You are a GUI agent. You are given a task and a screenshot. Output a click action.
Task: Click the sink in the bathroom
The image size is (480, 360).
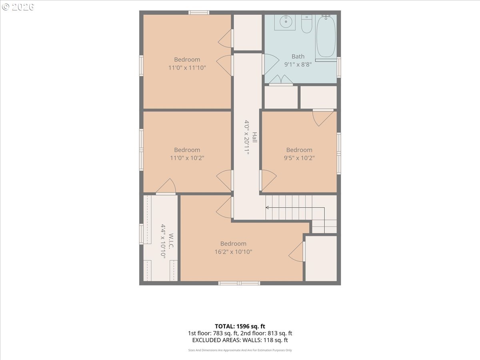(285, 22)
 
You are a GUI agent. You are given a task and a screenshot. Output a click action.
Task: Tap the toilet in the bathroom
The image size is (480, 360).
(306, 24)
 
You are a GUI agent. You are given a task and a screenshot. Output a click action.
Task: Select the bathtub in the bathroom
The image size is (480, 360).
(326, 36)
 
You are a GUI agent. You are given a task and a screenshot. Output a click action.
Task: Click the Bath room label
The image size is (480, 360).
(298, 56)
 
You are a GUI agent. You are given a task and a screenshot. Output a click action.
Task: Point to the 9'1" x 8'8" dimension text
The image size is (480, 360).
(298, 64)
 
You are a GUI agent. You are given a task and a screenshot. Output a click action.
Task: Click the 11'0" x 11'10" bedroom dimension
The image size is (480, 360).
(187, 68)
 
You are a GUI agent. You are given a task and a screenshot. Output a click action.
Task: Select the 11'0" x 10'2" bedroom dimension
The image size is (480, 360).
(187, 158)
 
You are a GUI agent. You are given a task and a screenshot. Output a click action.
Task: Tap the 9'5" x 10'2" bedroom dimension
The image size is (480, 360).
(299, 158)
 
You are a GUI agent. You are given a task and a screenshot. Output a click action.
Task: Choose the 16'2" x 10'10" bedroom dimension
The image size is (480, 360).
(233, 252)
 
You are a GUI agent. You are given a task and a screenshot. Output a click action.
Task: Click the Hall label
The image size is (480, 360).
(255, 137)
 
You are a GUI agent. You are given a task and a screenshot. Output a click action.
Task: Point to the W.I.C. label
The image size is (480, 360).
(171, 241)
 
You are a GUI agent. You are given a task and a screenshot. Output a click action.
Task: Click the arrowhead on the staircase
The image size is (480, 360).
(267, 208)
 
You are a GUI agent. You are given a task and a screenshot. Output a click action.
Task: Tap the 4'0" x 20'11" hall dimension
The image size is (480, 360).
(247, 137)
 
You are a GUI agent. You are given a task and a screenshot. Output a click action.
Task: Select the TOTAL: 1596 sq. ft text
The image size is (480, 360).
(240, 326)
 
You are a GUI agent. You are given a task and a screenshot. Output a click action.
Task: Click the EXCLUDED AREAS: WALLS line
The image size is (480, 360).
(240, 340)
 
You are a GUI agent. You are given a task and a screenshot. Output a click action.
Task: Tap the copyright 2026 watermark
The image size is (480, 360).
(18, 7)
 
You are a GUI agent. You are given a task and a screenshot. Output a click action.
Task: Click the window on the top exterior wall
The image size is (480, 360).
(199, 12)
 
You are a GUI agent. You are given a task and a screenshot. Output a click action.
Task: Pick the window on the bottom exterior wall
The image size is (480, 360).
(239, 283)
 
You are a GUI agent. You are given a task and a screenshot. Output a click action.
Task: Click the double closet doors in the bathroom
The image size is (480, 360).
(281, 80)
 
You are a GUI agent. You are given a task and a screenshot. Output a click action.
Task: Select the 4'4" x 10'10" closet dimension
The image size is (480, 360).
(163, 241)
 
